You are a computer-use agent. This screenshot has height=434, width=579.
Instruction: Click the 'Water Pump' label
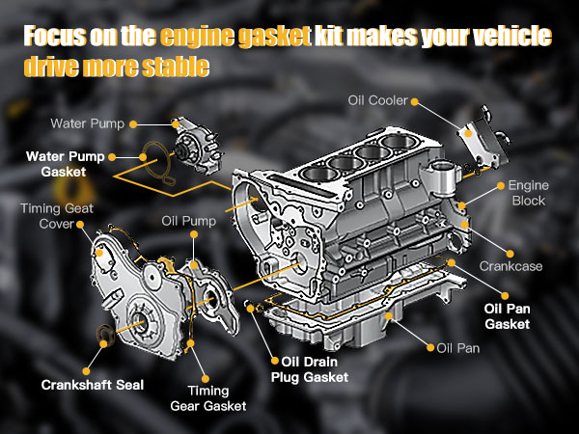[86, 123]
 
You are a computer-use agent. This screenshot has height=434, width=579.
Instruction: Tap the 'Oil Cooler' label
[377, 99]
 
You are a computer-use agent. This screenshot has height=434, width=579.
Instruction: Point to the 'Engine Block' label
[527, 192]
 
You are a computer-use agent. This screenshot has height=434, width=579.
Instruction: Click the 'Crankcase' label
[512, 264]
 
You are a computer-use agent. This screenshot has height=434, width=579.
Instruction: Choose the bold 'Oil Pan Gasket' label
[507, 316]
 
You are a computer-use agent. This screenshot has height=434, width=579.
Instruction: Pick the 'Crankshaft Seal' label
[93, 385]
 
